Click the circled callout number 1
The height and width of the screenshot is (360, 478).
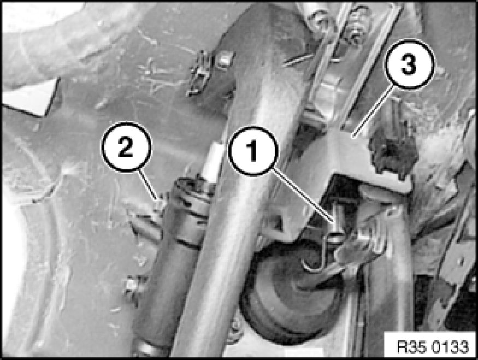point(253,151)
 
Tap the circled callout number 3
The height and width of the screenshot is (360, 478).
point(409,64)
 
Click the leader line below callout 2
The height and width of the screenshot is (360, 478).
point(149,185)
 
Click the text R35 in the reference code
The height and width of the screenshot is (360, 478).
point(409,347)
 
